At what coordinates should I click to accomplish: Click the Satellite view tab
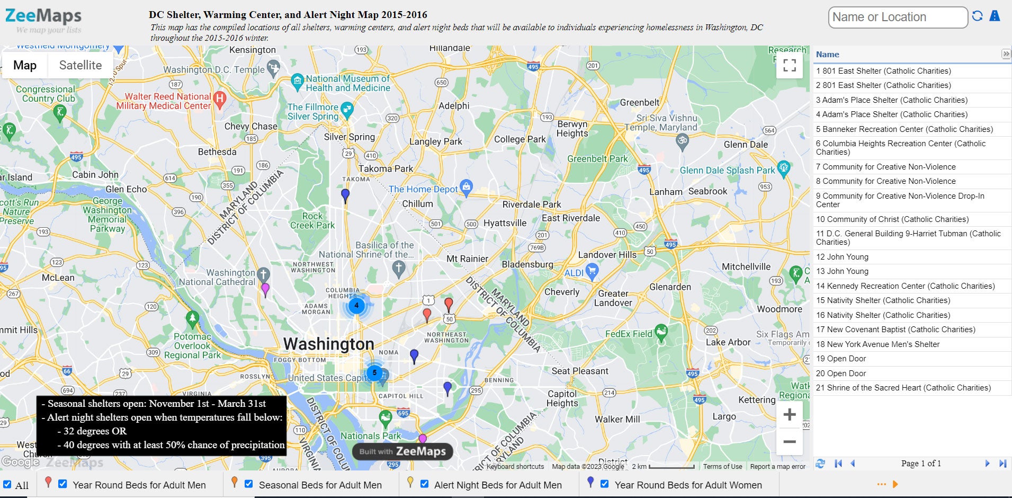click(x=80, y=65)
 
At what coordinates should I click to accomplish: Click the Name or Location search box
click(x=897, y=17)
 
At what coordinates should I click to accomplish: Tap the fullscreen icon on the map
click(x=789, y=65)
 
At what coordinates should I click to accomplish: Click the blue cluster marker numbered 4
click(x=356, y=305)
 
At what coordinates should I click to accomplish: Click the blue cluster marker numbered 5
click(x=374, y=372)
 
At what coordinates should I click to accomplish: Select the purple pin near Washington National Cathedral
click(x=265, y=289)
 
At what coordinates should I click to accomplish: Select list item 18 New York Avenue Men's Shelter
click(x=877, y=344)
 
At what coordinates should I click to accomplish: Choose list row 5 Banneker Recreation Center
click(x=904, y=129)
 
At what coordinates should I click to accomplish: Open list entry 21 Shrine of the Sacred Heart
click(x=903, y=388)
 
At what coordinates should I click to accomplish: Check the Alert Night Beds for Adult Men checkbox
click(x=424, y=484)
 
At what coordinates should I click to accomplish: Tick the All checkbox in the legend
click(x=7, y=484)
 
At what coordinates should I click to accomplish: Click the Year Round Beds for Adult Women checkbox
click(x=605, y=484)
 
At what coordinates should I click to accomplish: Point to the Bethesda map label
click(x=217, y=152)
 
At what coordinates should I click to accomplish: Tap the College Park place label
click(x=520, y=139)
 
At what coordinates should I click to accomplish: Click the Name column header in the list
click(x=827, y=55)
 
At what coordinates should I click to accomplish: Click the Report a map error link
click(x=777, y=467)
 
